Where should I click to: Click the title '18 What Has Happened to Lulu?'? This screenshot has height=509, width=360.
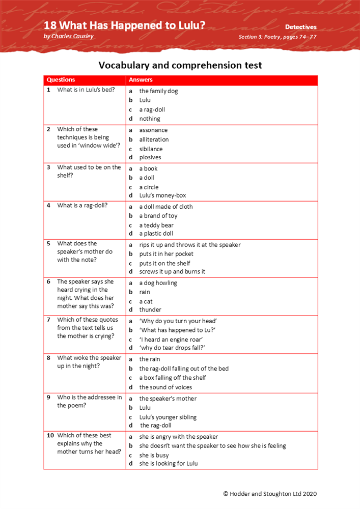click(x=124, y=25)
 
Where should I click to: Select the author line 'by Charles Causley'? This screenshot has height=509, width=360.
click(x=68, y=37)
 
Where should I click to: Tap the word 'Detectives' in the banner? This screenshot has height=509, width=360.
click(x=300, y=27)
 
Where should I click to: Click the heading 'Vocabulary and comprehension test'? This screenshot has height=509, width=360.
click(x=180, y=65)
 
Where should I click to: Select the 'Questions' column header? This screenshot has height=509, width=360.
click(x=61, y=80)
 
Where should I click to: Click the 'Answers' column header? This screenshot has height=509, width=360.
click(x=141, y=80)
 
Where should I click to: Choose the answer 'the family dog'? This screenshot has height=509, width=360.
click(x=158, y=91)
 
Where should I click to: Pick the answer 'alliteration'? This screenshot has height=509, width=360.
click(x=154, y=139)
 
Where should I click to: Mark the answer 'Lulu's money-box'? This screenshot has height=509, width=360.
click(x=162, y=195)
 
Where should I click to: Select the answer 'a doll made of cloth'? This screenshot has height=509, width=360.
click(x=166, y=207)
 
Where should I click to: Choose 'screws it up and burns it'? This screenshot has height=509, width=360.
click(x=172, y=272)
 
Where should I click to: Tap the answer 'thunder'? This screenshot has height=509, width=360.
click(x=150, y=309)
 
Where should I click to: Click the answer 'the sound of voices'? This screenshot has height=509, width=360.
click(x=165, y=387)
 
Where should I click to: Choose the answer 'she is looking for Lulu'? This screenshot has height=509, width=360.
click(x=169, y=464)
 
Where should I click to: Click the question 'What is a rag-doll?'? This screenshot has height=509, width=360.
click(x=82, y=206)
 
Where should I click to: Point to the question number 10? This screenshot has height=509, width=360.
click(x=50, y=436)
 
